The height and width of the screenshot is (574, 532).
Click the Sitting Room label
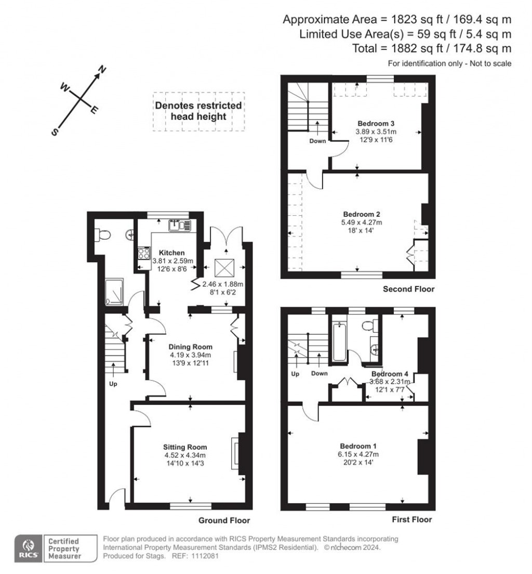click(185, 447)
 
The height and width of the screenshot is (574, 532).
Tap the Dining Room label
click(190, 347)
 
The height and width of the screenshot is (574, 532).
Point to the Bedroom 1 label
click(358, 446)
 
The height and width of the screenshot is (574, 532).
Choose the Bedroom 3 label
click(376, 123)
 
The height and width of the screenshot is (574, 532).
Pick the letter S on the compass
click(54, 132)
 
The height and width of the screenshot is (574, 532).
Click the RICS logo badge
click(29, 549)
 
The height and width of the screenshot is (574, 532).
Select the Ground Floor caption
click(224, 520)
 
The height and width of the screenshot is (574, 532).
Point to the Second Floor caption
click(409, 289)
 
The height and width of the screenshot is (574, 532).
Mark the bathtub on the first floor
click(338, 342)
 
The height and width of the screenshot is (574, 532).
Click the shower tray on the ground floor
click(113, 292)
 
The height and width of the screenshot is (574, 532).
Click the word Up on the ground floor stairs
click(113, 385)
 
